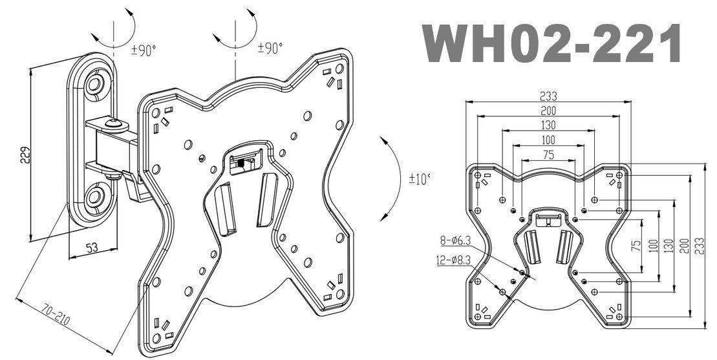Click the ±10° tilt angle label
419,179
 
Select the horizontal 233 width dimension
548,94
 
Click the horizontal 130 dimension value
548,125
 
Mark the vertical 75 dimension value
636,246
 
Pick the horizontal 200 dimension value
548,110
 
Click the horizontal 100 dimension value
548,140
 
